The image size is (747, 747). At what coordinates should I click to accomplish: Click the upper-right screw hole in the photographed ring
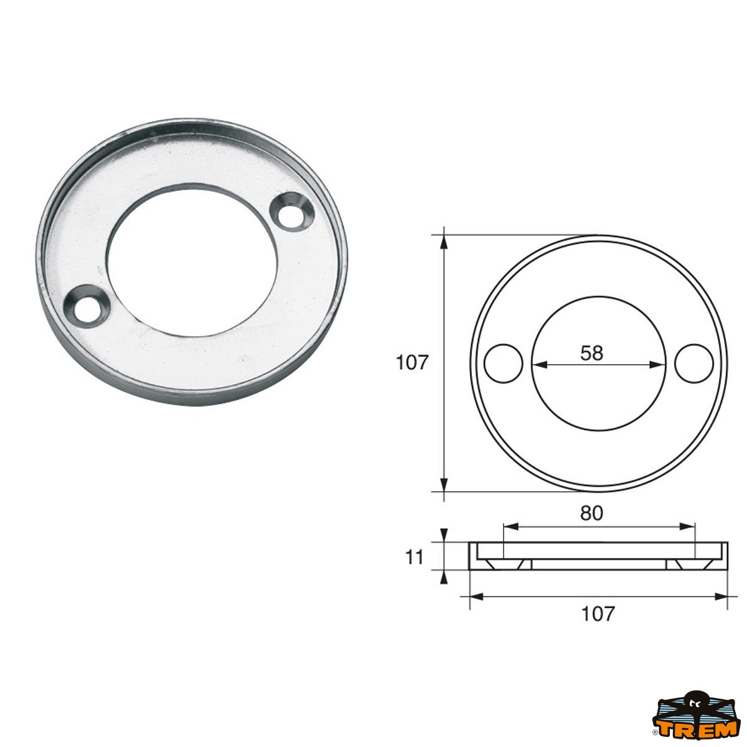tap(291, 212)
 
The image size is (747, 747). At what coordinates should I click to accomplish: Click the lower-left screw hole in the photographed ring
tap(87, 306)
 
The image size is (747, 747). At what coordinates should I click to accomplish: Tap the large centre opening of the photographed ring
tap(192, 260)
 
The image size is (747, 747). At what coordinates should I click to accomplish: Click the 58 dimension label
tap(592, 353)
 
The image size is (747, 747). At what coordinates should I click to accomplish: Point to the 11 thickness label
tap(415, 558)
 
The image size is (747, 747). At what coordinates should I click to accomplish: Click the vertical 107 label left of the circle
tap(411, 363)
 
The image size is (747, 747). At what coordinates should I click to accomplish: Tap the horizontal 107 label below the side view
tap(598, 614)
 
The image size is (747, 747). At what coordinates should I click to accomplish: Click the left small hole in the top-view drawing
tap(503, 364)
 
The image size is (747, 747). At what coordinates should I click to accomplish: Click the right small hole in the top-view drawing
tap(694, 364)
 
